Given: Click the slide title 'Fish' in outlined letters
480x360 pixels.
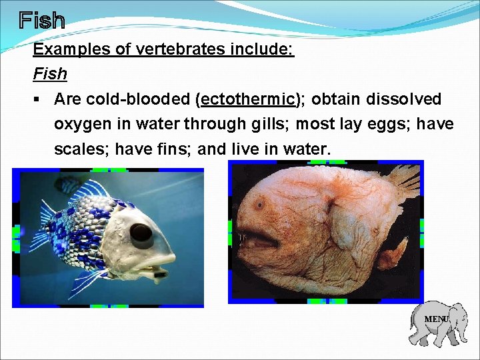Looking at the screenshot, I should [x=41, y=21].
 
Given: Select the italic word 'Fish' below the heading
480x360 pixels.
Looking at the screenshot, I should [x=50, y=74].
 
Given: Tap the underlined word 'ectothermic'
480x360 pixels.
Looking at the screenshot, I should [x=247, y=99].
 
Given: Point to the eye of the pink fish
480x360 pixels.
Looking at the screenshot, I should [x=259, y=203].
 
